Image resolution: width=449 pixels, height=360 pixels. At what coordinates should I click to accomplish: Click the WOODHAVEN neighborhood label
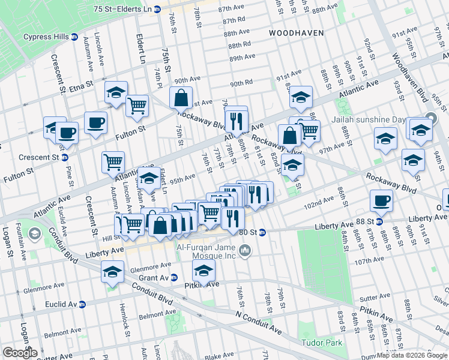(x=296, y=33)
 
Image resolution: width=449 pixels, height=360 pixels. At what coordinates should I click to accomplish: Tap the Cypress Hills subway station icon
(x=74, y=37)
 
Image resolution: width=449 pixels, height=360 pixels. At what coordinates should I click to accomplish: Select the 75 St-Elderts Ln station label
(x=123, y=10)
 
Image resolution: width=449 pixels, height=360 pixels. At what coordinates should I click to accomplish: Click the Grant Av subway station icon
(x=174, y=278)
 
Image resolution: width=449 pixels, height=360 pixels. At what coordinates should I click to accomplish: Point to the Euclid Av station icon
(x=81, y=305)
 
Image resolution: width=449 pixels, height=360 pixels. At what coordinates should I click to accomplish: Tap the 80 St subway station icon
(x=262, y=233)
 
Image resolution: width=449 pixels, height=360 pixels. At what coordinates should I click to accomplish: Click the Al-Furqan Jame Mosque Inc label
(x=207, y=250)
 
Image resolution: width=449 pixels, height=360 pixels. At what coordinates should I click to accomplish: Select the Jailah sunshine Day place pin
(x=430, y=118)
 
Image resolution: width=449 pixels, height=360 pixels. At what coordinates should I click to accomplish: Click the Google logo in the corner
(x=20, y=352)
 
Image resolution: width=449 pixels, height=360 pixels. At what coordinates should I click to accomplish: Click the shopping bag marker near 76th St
(x=180, y=97)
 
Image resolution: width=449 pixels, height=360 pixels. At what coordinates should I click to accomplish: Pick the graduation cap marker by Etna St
(x=116, y=92)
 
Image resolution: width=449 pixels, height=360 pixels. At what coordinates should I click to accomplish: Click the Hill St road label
(x=105, y=238)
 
